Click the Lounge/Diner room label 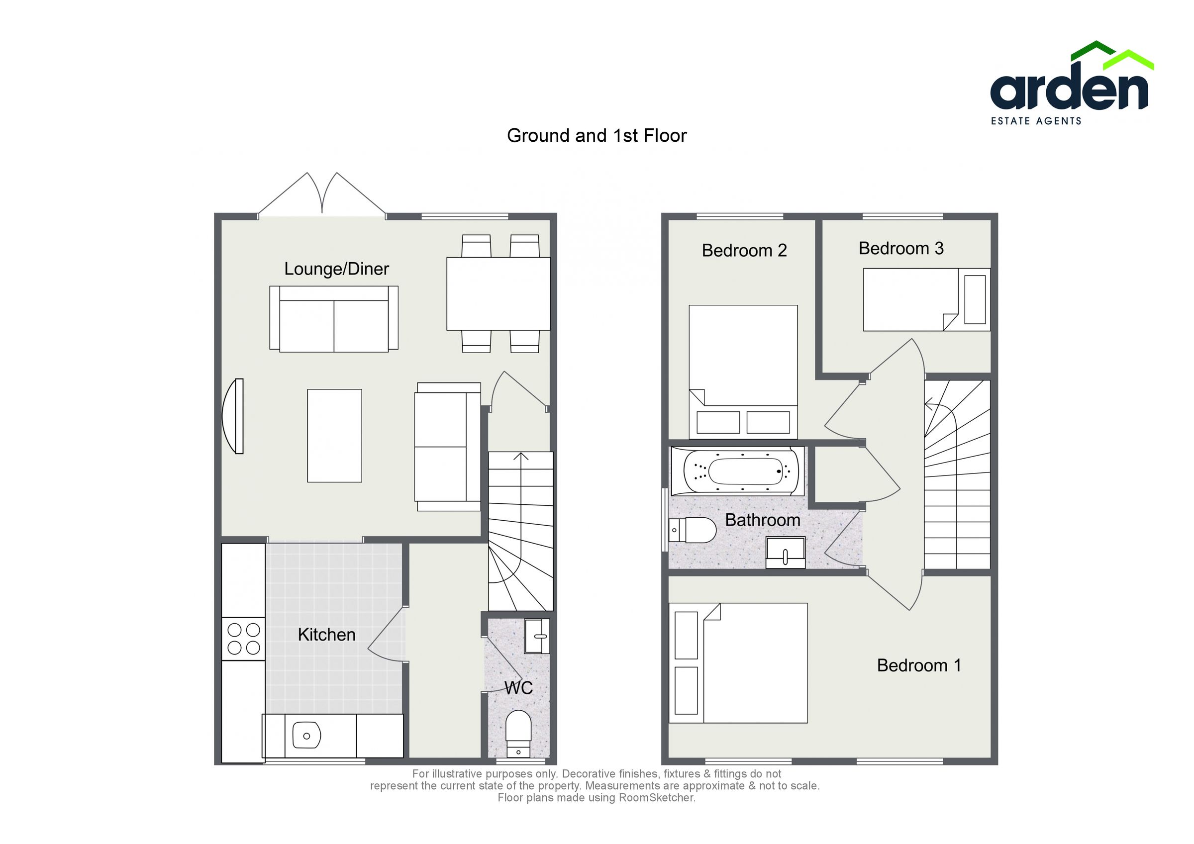point(336,269)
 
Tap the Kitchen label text point(326,635)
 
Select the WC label point(518,688)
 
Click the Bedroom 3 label point(900,249)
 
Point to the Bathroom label point(762,520)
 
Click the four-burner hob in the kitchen point(243,639)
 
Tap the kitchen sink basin point(306,735)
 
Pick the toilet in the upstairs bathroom point(693,530)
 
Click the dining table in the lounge point(498,294)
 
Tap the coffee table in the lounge point(334,436)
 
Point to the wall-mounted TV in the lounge point(233,416)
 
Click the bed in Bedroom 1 point(744,663)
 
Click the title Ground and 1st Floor point(597,136)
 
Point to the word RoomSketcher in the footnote point(656,798)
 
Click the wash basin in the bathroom point(785,553)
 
